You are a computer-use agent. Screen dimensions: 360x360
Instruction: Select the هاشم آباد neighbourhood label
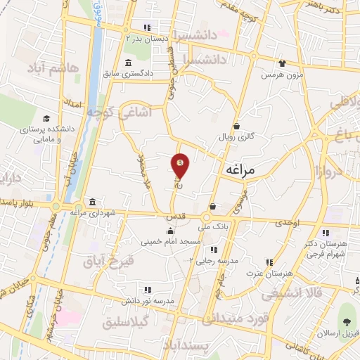tap(51, 67)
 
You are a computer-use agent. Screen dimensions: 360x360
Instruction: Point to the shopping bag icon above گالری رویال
tap(237, 127)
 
